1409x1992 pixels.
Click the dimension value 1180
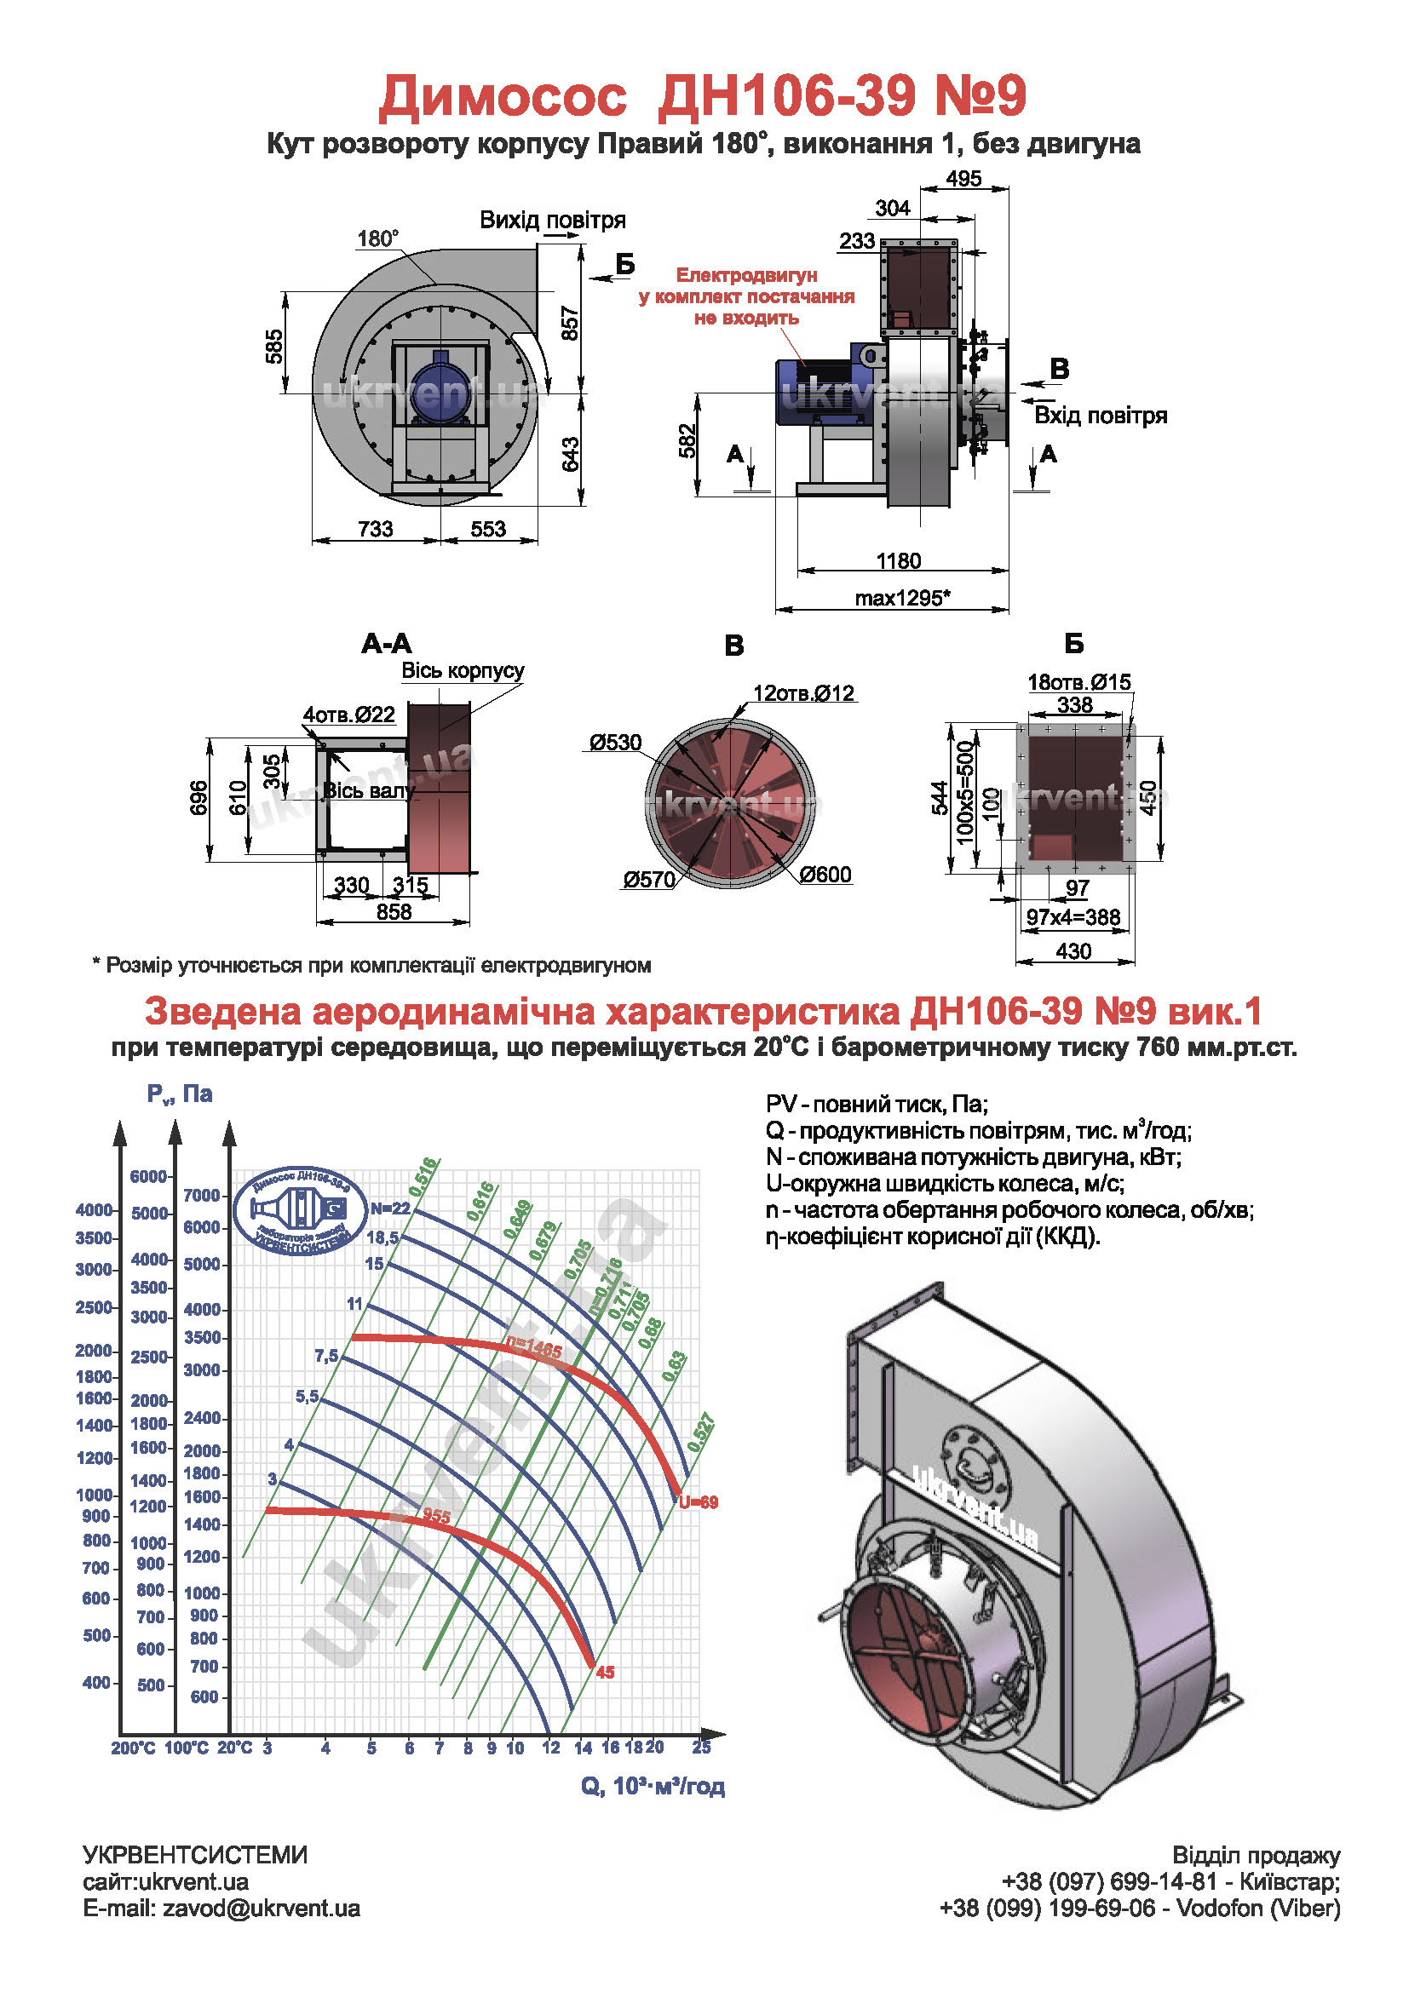[898, 560]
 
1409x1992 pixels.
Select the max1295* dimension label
[902, 598]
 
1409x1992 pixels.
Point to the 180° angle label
[377, 238]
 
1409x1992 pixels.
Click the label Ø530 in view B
[615, 743]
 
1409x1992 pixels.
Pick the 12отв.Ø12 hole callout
[803, 693]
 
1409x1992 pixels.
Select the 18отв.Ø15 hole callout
[1079, 682]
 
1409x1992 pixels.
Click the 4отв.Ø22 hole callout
[348, 715]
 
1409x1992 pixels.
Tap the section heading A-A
[387, 644]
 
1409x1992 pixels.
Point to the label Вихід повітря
[553, 220]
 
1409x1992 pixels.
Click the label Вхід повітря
[1100, 416]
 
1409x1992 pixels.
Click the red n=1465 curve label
[534, 1349]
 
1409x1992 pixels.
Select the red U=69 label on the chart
[699, 1502]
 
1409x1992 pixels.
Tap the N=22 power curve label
[389, 1208]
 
